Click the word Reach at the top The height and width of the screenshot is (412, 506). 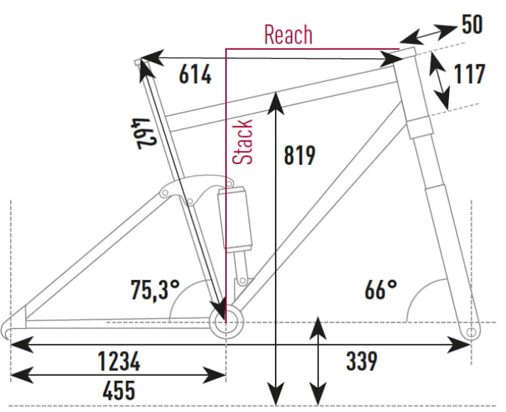click(x=288, y=34)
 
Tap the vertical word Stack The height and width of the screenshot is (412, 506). click(x=244, y=142)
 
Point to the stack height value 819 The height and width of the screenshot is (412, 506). click(x=299, y=155)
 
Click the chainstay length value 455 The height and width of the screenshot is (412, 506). click(x=110, y=390)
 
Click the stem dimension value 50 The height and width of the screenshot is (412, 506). click(x=472, y=24)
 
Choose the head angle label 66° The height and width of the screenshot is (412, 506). click(x=380, y=289)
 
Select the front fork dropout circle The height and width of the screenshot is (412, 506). click(x=468, y=332)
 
